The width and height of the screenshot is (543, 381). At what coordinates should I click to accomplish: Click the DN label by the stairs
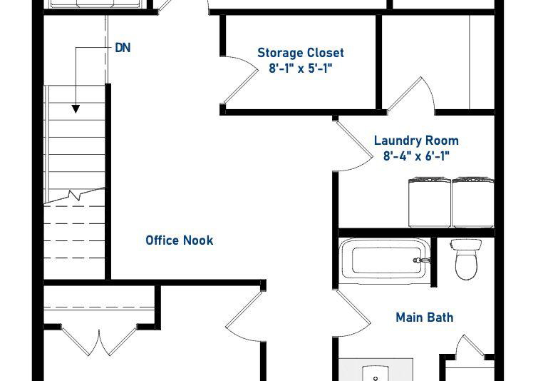pyautogui.click(x=123, y=48)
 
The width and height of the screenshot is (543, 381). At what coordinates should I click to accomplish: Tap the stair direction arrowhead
pyautogui.click(x=76, y=109)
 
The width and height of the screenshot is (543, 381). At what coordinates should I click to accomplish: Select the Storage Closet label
pyautogui.click(x=301, y=53)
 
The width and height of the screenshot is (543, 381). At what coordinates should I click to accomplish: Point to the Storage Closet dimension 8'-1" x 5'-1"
pyautogui.click(x=301, y=68)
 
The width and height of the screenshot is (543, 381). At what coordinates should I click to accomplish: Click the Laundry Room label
pyautogui.click(x=416, y=141)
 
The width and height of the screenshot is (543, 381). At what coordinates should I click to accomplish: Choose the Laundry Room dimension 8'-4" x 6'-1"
pyautogui.click(x=416, y=156)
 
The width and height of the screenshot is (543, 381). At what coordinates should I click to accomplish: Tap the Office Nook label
pyautogui.click(x=179, y=240)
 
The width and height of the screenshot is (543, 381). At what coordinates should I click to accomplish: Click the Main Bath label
pyautogui.click(x=424, y=317)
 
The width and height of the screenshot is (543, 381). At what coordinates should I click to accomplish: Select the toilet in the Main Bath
pyautogui.click(x=466, y=259)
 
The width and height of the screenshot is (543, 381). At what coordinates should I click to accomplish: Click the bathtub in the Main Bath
pyautogui.click(x=384, y=259)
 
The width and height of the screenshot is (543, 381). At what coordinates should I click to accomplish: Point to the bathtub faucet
pyautogui.click(x=420, y=260)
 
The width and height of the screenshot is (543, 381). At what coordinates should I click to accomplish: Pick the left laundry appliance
pyautogui.click(x=430, y=203)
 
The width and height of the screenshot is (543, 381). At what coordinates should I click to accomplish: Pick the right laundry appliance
pyautogui.click(x=473, y=203)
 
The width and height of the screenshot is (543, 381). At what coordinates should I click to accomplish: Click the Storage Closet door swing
pyautogui.click(x=241, y=81)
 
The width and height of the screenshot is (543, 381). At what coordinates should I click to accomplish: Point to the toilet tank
pyautogui.click(x=466, y=245)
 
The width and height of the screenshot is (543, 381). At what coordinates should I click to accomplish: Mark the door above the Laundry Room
pyautogui.click(x=410, y=93)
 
